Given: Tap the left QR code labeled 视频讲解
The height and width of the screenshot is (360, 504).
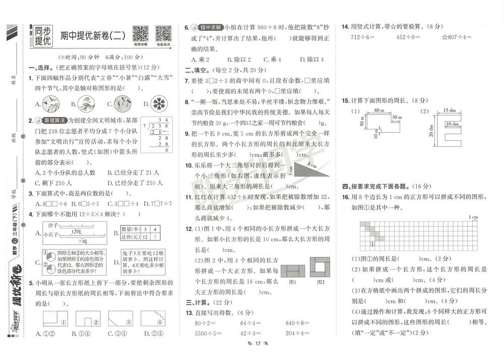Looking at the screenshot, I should coord(140,33).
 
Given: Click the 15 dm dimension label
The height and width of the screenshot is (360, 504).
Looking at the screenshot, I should coord(449,110).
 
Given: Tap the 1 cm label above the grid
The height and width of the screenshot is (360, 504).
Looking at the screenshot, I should coord(473,217).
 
